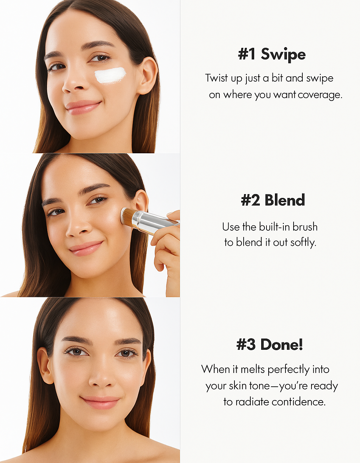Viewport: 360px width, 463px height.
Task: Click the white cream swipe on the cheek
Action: pos(110,75)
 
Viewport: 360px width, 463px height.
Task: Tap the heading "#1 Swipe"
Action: pos(272,54)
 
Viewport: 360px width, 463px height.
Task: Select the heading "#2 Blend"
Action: pos(273,200)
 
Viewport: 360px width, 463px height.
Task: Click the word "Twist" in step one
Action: pos(217,78)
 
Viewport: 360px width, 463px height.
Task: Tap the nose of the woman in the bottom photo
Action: pos(102,377)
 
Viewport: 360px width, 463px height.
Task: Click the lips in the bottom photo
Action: pos(101,403)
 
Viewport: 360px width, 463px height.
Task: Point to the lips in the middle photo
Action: pos(86,248)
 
